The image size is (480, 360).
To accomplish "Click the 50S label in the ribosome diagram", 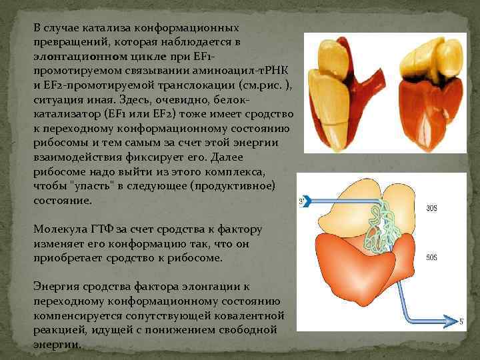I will [431, 257].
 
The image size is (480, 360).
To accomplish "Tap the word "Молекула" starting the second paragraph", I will [62, 229].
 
